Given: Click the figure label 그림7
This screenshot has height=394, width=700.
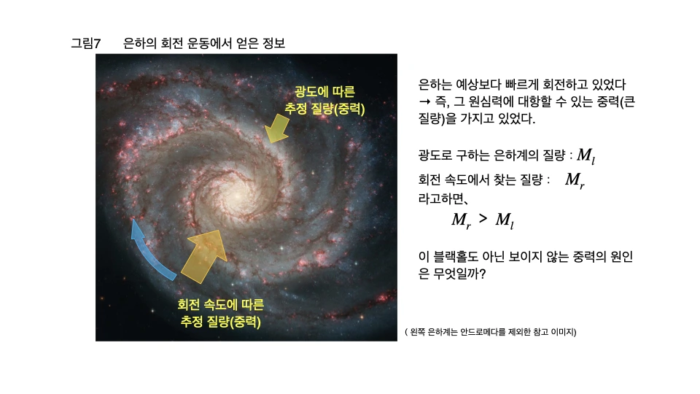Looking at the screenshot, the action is tap(86, 43).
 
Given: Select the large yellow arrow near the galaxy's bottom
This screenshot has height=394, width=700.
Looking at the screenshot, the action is tap(204, 255).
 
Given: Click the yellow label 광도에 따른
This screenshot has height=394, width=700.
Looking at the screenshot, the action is tap(324, 92).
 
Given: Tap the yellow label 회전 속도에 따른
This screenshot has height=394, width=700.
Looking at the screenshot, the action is tap(220, 305).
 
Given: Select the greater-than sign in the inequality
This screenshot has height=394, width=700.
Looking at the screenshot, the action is tap(483, 218).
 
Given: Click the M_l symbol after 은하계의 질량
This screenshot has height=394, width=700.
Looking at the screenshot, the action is tap(586, 156).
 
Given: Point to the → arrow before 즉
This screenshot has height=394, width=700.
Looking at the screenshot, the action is tap(424, 102).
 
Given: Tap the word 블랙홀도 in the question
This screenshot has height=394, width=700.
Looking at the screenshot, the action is tap(456, 257).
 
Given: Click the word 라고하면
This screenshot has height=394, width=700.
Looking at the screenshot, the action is tap(442, 198).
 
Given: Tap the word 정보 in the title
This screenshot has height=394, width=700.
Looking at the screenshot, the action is tap(273, 43).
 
